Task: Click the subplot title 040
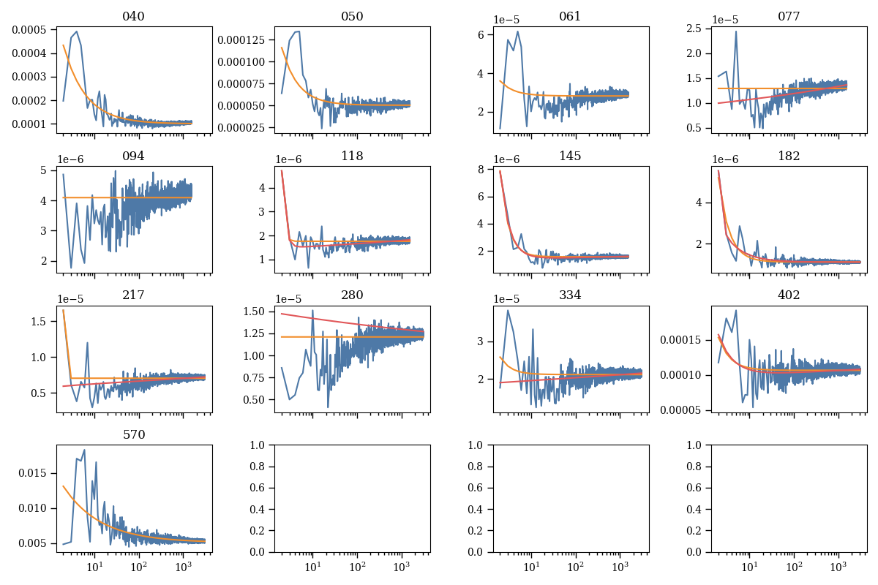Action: pos(134,17)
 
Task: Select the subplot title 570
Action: pos(134,434)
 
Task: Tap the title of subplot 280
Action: pos(352,295)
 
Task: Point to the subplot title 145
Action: pos(570,156)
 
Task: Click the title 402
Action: pos(789,295)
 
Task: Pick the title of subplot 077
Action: pos(789,17)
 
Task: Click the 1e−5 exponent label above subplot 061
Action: pos(506,20)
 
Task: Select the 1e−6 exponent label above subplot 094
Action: pos(70,159)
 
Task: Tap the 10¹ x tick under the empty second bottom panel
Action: pos(312,567)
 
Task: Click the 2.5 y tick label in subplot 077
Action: pos(700,29)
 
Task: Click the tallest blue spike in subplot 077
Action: pos(736,31)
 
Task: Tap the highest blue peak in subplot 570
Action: pos(84,450)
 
